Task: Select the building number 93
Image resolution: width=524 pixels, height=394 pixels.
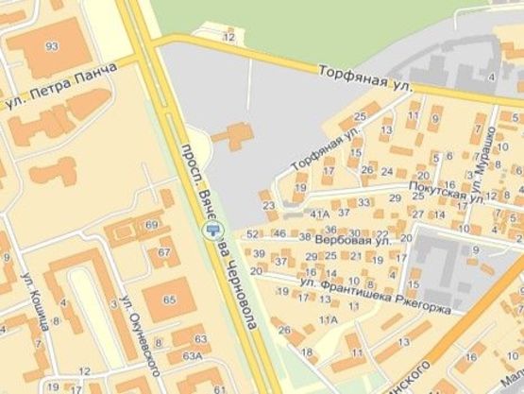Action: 51,46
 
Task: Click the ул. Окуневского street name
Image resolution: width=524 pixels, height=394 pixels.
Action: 128,319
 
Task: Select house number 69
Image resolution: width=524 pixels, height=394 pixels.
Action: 152,224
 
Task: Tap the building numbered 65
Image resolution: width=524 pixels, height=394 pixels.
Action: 170,300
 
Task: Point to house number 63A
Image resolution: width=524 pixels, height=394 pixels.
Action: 193,356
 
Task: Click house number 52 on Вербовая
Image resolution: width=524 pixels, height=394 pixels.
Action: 251,233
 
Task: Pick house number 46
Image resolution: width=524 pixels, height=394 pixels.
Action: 279,233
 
